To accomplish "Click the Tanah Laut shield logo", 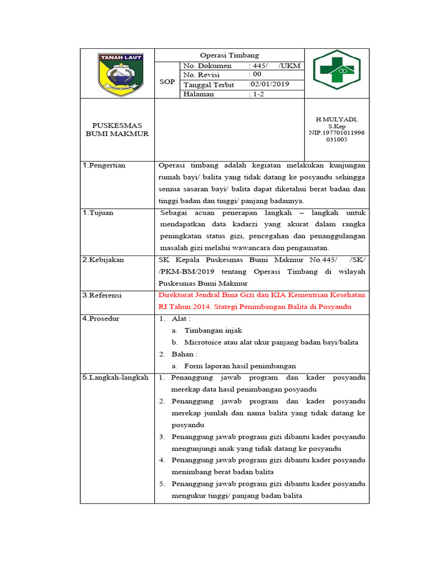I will [121, 73].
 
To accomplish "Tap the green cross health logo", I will [337, 70].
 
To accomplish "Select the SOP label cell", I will [167, 81].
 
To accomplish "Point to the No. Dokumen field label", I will [207, 66].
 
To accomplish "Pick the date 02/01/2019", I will [269, 84].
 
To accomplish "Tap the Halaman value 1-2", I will [256, 94].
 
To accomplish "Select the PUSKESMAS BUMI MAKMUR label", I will [117, 129].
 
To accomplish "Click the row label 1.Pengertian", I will [104, 165].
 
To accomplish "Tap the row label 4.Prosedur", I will [100, 318].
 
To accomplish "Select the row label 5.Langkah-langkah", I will [115, 377].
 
